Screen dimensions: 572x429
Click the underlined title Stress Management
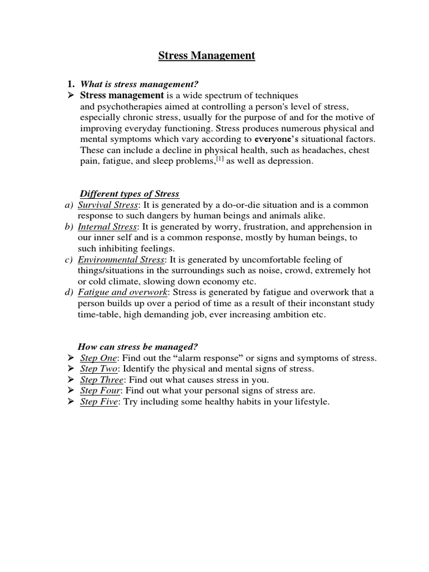coord(207,56)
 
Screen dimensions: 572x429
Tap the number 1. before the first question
coord(70,84)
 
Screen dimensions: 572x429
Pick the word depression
coord(291,162)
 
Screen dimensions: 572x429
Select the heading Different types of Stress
coord(130,194)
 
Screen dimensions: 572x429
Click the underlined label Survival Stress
coord(108,205)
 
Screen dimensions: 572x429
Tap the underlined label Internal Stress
coord(108,227)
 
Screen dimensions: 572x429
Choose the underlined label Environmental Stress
coord(121,260)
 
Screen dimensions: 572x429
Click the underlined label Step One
coord(99,358)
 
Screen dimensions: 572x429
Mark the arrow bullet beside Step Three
coord(70,380)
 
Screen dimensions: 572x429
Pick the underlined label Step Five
coord(99,402)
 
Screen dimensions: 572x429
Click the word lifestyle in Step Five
coord(309,402)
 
